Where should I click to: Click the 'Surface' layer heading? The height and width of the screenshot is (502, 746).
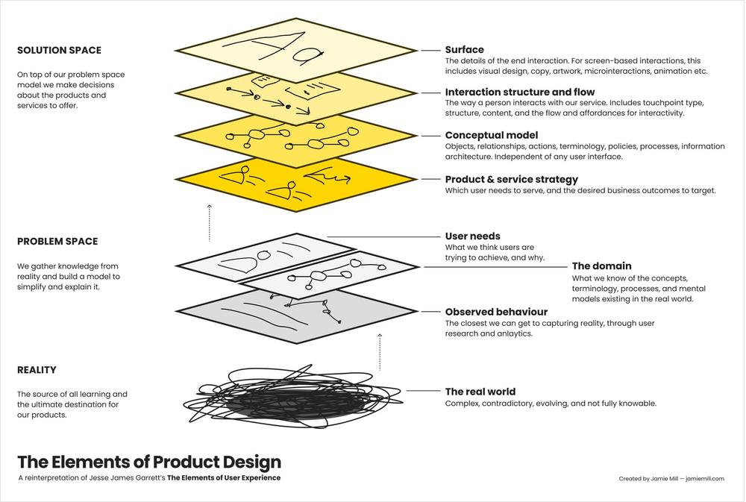point(464,49)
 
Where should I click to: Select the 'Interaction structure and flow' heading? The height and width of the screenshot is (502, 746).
point(519,92)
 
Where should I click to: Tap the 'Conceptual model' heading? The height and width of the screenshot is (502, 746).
point(492,135)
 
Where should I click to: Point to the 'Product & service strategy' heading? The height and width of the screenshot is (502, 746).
point(512,179)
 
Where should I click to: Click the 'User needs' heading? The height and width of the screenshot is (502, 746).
point(472,236)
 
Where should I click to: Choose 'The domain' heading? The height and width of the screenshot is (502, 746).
point(601,266)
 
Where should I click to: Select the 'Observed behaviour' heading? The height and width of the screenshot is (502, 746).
point(496,312)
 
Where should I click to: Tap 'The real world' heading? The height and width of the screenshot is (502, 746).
point(480,392)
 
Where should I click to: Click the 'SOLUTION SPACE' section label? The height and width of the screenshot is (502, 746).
point(59,51)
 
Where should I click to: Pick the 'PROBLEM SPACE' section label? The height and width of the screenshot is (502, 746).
point(57,241)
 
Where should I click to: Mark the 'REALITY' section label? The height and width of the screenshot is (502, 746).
point(37,370)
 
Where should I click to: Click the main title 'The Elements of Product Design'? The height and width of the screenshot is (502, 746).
point(149,462)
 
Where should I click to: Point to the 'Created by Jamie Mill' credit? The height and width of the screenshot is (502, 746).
point(650,479)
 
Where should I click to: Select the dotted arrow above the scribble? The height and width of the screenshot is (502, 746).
point(380,352)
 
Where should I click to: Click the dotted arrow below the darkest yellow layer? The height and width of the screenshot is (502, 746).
point(210,223)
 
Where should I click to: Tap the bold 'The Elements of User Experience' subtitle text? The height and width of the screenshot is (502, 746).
point(224,477)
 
